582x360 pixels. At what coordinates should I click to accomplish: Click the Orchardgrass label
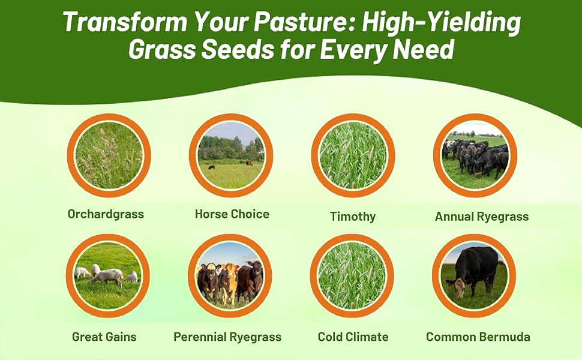[x=106, y=214]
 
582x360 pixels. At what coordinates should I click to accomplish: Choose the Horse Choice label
[x=232, y=214]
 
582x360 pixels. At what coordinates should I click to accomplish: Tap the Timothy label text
[x=353, y=217]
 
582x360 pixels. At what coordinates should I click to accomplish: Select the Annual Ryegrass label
[x=482, y=217]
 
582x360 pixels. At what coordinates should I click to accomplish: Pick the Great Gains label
[x=104, y=337]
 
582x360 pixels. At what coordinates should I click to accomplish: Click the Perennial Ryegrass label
[x=227, y=337]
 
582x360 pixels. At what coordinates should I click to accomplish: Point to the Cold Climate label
[x=353, y=337]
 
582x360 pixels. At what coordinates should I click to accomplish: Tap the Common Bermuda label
[x=478, y=337]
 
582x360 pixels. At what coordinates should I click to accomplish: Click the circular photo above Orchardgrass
[x=109, y=155]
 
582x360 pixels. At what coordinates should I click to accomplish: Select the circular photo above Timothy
[x=353, y=155]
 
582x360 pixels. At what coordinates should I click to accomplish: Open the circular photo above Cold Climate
[x=352, y=275]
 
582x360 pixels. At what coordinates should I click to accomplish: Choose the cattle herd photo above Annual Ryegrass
[x=475, y=155]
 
